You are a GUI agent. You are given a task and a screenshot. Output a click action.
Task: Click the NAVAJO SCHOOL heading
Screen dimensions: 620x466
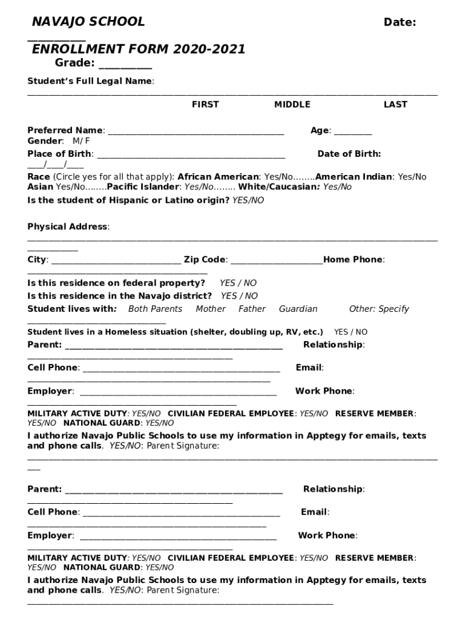(x=88, y=22)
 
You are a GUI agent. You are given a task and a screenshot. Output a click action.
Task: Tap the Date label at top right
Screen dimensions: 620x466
(x=399, y=22)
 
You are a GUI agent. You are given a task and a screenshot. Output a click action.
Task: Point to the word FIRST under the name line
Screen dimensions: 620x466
(x=205, y=105)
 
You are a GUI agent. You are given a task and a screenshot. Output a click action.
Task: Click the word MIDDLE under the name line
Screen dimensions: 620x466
(x=292, y=105)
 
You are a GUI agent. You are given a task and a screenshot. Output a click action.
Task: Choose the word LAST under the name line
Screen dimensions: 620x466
(x=395, y=105)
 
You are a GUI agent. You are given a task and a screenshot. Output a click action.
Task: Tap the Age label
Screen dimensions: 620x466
(x=320, y=130)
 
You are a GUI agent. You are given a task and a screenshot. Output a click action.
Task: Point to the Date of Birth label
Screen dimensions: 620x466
(x=349, y=154)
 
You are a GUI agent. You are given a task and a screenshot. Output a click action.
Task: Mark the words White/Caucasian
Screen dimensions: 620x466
(x=278, y=187)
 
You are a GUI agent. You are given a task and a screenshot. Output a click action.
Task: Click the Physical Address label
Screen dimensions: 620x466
(x=68, y=227)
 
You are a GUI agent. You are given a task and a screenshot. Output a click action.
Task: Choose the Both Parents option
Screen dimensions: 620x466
(x=155, y=309)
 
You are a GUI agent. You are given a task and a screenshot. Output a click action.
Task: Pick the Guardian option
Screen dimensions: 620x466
(x=298, y=309)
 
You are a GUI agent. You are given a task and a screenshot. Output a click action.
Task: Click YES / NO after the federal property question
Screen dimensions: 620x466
(x=238, y=283)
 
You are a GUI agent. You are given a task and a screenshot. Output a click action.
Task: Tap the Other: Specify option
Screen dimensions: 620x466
(x=379, y=309)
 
